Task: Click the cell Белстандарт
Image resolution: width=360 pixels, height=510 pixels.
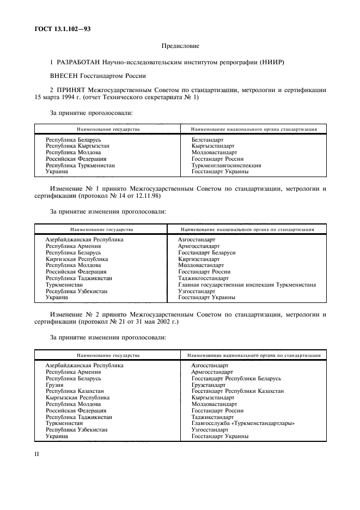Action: tap(208, 140)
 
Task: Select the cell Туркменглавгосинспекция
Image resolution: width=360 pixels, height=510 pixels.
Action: tap(226, 165)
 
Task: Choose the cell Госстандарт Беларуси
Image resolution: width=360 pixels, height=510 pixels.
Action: tap(206, 253)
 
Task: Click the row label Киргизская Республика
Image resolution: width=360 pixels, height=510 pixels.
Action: tap(77, 259)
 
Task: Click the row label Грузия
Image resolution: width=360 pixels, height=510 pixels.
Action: tap(54, 385)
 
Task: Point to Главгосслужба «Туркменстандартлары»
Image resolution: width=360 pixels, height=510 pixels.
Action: tap(243, 423)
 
